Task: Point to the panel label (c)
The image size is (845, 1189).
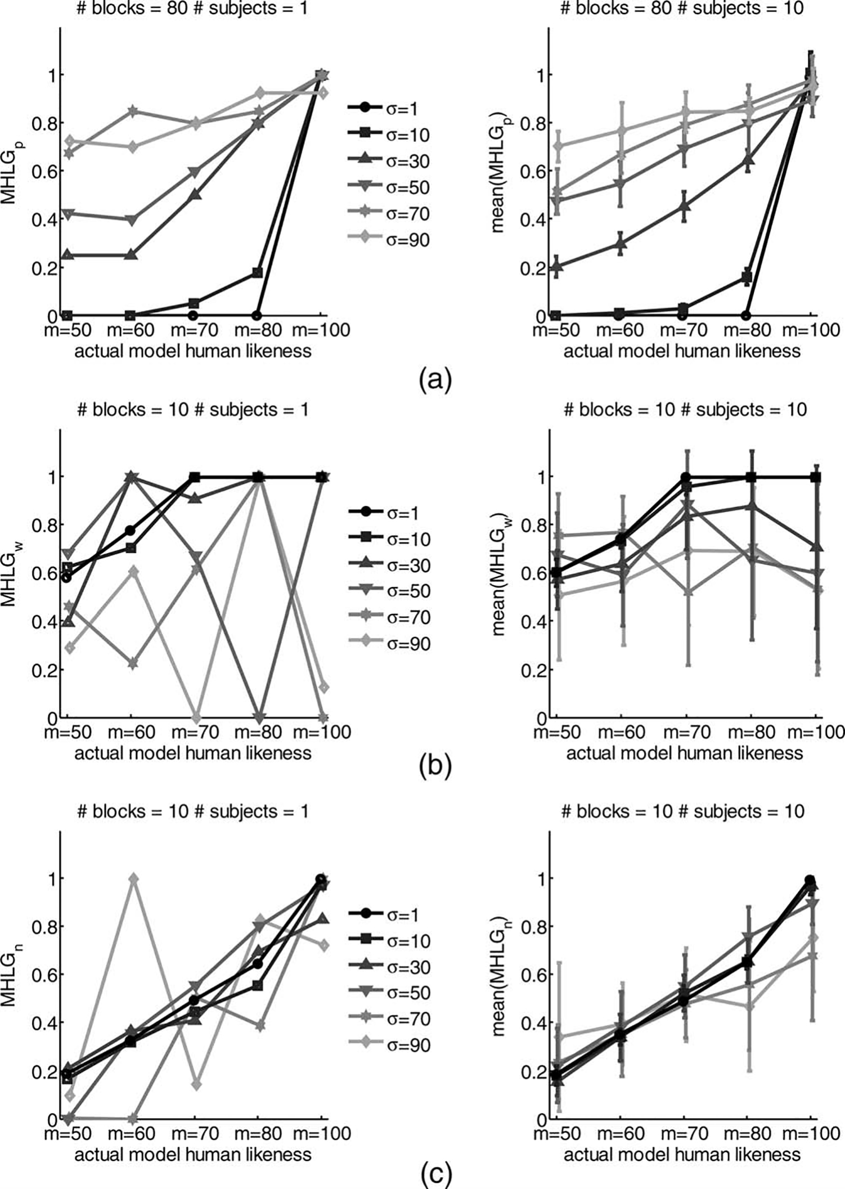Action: click(x=434, y=1174)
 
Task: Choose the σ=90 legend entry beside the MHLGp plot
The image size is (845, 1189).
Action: click(x=388, y=240)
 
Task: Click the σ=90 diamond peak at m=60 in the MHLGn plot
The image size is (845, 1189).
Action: click(x=133, y=879)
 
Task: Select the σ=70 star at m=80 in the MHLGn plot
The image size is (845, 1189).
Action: click(x=259, y=1026)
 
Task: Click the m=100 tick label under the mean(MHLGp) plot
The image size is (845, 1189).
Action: click(x=814, y=330)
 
